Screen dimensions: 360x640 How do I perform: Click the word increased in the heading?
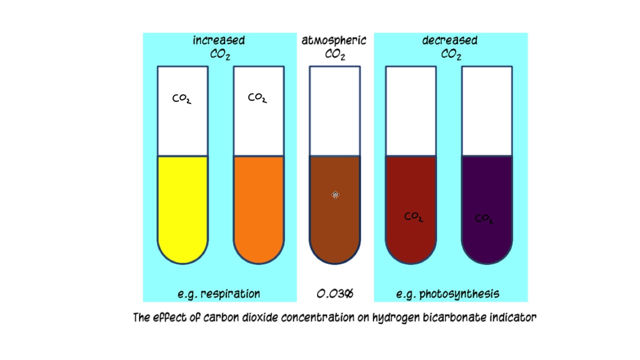(x=219, y=40)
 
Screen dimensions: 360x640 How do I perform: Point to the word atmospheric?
(x=334, y=40)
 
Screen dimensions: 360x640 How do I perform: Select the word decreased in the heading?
(x=449, y=40)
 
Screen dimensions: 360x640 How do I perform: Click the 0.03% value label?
(x=335, y=293)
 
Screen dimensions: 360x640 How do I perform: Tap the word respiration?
(x=230, y=294)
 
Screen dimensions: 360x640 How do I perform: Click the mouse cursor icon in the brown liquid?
(x=335, y=194)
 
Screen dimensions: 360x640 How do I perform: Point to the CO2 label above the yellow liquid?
(x=181, y=99)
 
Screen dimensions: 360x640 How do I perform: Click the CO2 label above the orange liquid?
(x=257, y=98)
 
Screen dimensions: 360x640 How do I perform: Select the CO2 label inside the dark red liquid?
(x=414, y=217)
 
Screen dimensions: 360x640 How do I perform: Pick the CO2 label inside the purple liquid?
(x=484, y=219)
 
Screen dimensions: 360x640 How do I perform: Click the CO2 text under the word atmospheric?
(x=335, y=55)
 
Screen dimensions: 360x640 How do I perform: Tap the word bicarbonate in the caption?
(x=447, y=317)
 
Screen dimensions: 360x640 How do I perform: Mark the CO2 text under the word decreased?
(x=450, y=55)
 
